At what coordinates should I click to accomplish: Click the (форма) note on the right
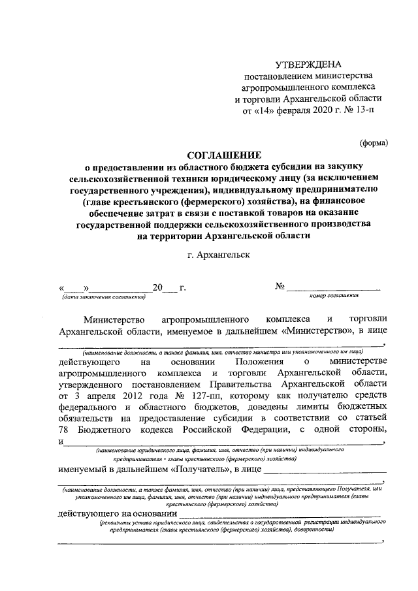pos(374,142)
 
